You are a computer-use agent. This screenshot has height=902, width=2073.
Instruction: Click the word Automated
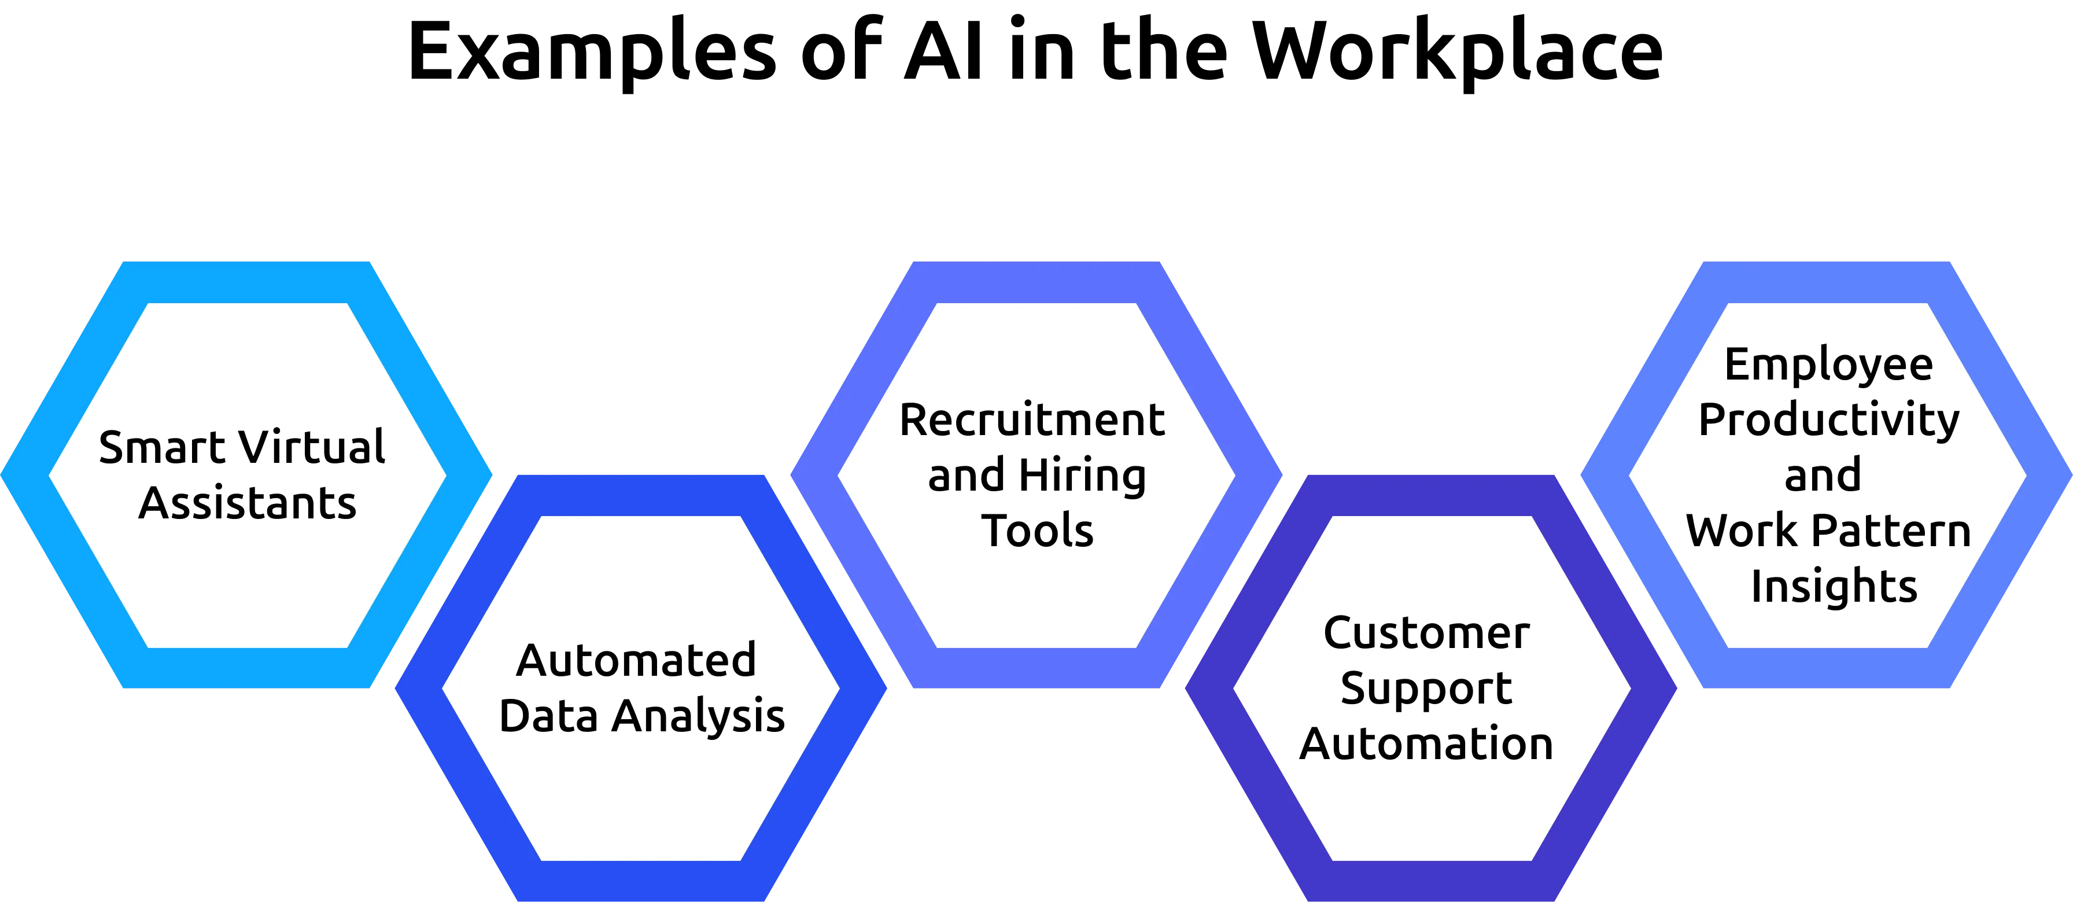636,661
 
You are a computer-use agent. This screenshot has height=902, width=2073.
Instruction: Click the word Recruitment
1032,420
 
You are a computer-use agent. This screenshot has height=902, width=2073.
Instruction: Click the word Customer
1426,633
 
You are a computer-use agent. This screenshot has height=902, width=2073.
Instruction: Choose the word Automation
1426,743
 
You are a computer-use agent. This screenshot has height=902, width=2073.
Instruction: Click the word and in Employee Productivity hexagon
1823,476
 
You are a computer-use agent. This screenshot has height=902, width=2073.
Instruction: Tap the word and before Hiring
966,476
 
